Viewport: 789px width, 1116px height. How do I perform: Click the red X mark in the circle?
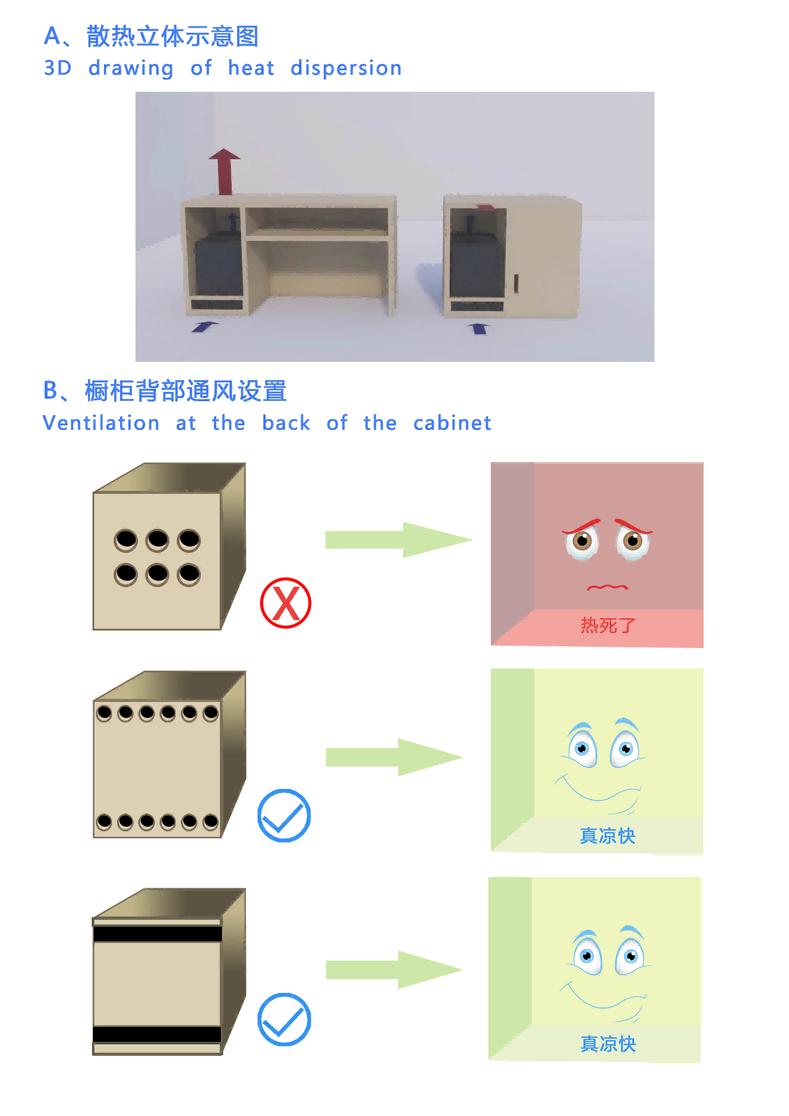point(286,603)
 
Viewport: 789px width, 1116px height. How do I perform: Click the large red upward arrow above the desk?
point(224,171)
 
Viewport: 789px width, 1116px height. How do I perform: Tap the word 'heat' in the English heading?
point(251,68)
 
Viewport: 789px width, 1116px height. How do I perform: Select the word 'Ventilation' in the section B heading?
point(101,423)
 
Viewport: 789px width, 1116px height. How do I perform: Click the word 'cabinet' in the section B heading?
point(452,423)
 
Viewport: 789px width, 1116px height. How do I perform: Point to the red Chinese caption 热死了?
point(608,626)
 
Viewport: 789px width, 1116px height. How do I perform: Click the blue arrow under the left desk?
point(205,326)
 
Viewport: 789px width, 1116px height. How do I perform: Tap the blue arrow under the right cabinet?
point(479,329)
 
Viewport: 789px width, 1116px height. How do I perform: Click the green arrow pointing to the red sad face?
point(399,540)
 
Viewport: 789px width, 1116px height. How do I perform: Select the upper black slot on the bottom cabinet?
point(158,934)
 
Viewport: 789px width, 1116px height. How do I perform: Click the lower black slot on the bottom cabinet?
point(157,1035)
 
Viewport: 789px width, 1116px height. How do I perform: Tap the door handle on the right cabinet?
point(516,284)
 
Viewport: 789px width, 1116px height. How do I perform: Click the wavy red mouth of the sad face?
point(607,587)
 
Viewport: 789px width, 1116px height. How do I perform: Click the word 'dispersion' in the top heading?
point(346,68)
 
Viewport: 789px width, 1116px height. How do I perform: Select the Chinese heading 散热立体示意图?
point(172,36)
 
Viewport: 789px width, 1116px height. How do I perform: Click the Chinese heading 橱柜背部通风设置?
point(186,391)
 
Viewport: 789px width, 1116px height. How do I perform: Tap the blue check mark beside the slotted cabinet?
point(284,1019)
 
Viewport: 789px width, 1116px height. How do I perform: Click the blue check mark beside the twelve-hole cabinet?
point(284,815)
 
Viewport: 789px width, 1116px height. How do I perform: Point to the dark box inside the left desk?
point(219,266)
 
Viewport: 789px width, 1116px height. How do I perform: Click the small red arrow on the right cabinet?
point(486,207)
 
